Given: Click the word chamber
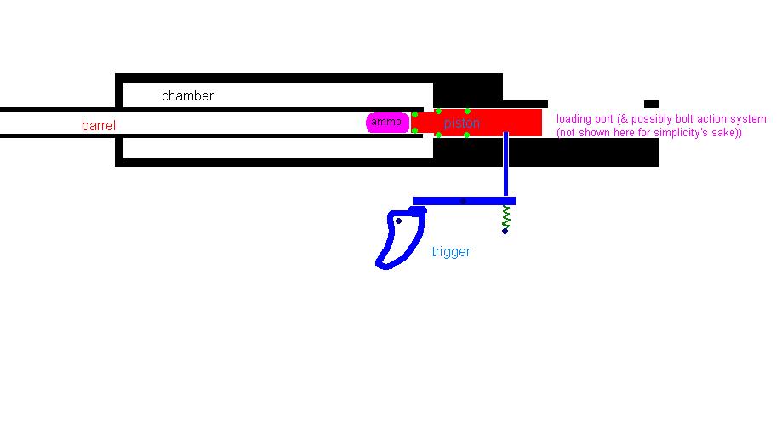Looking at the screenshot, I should tap(187, 96).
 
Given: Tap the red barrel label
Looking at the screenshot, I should tap(98, 126).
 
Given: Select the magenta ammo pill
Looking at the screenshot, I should tap(387, 123).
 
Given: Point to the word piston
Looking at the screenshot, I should tap(462, 123).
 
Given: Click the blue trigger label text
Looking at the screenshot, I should tap(451, 252).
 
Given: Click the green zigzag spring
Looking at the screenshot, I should tap(505, 215).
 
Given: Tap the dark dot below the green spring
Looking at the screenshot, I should tap(505, 231).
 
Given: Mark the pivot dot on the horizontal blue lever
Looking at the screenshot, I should tap(463, 201).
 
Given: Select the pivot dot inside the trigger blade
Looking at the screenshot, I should tap(398, 221).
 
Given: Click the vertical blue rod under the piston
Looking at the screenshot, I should tap(505, 166).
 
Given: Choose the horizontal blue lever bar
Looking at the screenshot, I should tap(442, 201).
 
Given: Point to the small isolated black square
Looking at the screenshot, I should tap(651, 105).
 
